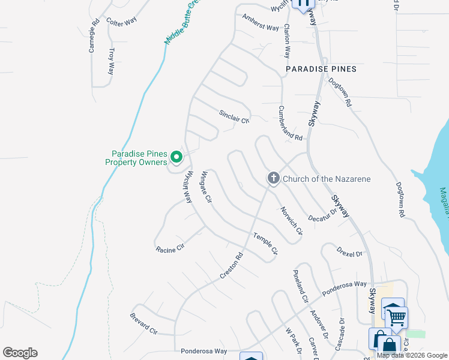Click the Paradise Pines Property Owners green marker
click(x=176, y=157)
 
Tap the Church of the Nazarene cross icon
click(x=273, y=178)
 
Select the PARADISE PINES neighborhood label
click(x=321, y=69)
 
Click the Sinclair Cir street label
click(x=234, y=116)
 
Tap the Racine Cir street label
click(x=170, y=248)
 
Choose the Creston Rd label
click(x=231, y=265)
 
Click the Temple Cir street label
click(x=265, y=244)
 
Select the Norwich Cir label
click(x=291, y=221)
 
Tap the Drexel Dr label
click(x=349, y=251)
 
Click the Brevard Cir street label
click(x=144, y=323)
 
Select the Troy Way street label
click(x=111, y=62)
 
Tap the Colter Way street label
click(x=121, y=21)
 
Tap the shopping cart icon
click(x=397, y=317)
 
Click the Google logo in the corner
click(x=20, y=353)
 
